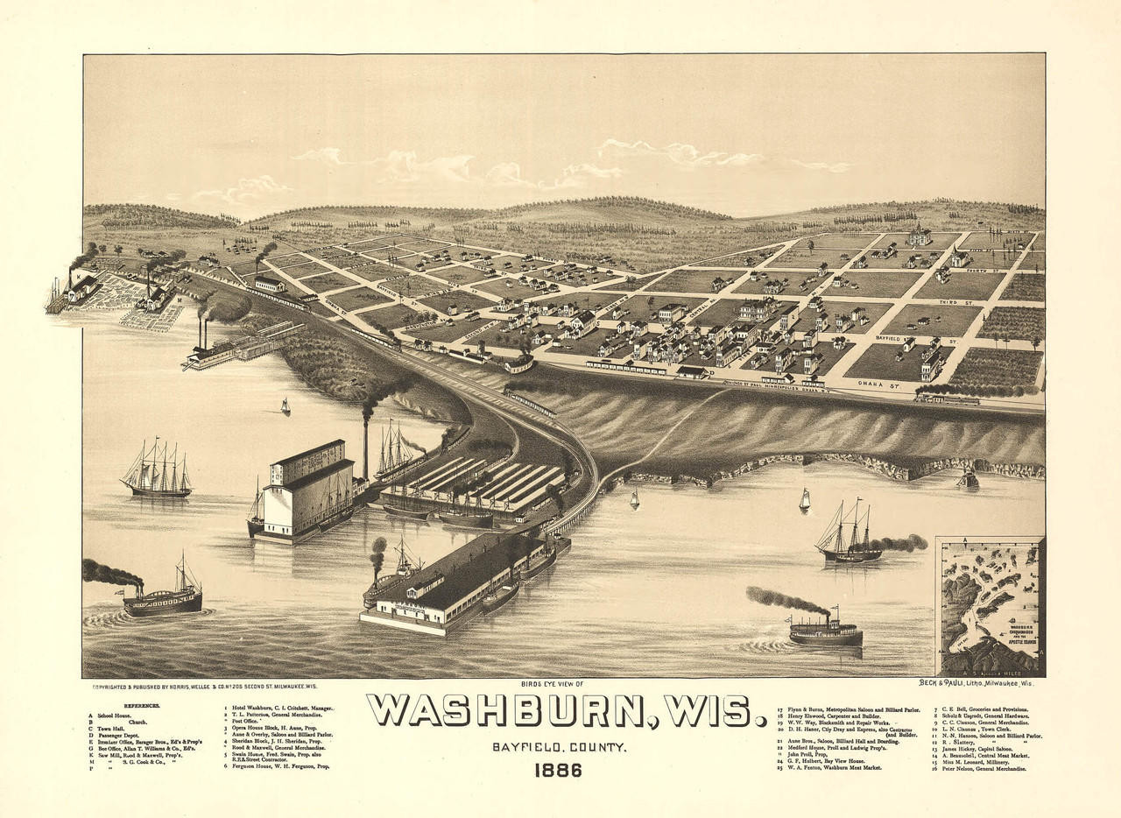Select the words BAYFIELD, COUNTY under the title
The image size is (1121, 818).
(x=558, y=747)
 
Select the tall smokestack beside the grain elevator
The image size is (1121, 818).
(x=366, y=447)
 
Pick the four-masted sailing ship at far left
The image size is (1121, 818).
(x=158, y=473)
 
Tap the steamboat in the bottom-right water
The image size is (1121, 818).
(x=825, y=631)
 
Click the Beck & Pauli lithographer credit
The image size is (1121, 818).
(x=975, y=682)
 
